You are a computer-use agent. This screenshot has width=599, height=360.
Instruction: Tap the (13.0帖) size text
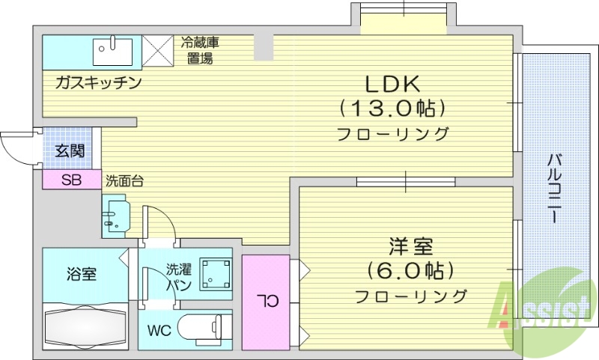tap(393, 109)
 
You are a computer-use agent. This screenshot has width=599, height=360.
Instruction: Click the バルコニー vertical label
tap(555, 187)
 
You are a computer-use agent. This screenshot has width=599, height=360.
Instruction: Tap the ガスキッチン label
tap(97, 83)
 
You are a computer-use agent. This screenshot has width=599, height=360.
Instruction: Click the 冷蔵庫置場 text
tap(199, 50)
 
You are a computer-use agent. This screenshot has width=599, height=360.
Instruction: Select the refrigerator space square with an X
tap(158, 50)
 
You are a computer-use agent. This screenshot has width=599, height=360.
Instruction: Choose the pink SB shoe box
tap(71, 180)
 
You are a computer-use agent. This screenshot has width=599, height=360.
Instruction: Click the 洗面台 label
tap(124, 180)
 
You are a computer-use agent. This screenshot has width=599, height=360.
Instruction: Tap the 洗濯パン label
tap(180, 276)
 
